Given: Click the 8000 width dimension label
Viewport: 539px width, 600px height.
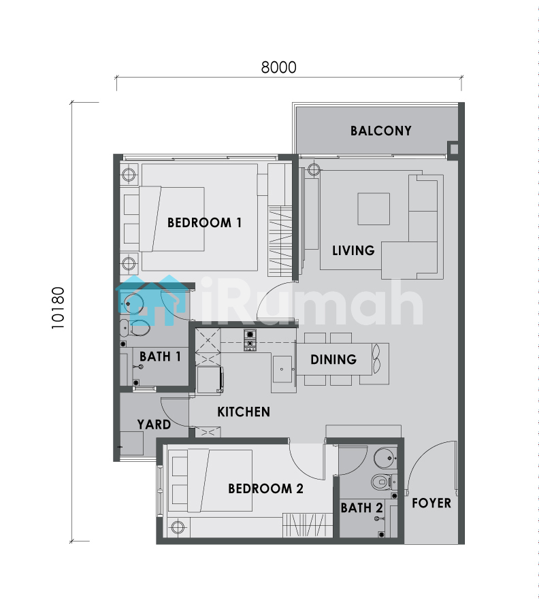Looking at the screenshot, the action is (x=279, y=67).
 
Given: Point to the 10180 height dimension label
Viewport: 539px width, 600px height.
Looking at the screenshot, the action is (x=59, y=308).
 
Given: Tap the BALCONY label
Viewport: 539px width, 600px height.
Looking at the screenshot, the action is (x=381, y=131).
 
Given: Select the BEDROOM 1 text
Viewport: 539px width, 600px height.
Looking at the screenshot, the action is (x=204, y=222).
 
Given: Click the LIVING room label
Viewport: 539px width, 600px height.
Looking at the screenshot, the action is (x=353, y=250).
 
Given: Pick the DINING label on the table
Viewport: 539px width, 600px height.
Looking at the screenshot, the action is (x=333, y=359).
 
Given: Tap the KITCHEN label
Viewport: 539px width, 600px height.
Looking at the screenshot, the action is (x=244, y=412).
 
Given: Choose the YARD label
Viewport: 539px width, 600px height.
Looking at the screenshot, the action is (x=154, y=424).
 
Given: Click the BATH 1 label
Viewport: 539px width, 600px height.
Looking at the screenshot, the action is (x=160, y=356).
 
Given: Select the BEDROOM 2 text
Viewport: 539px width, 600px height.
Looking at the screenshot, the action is (x=265, y=488).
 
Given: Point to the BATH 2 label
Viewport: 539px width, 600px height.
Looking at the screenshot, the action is (x=362, y=507).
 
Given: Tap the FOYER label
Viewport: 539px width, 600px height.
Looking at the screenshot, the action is (x=431, y=503).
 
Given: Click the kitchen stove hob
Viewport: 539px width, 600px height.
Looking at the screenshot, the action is (x=250, y=340).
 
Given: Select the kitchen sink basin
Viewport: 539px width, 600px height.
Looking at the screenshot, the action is (x=282, y=369).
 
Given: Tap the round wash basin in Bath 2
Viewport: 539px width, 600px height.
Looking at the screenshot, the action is (x=385, y=458).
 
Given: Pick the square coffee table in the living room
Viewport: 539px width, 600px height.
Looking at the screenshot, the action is (x=374, y=209).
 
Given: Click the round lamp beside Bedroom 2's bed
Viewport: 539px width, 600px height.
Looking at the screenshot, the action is (x=178, y=527).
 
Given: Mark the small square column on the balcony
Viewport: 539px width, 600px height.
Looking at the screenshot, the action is (x=453, y=148).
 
